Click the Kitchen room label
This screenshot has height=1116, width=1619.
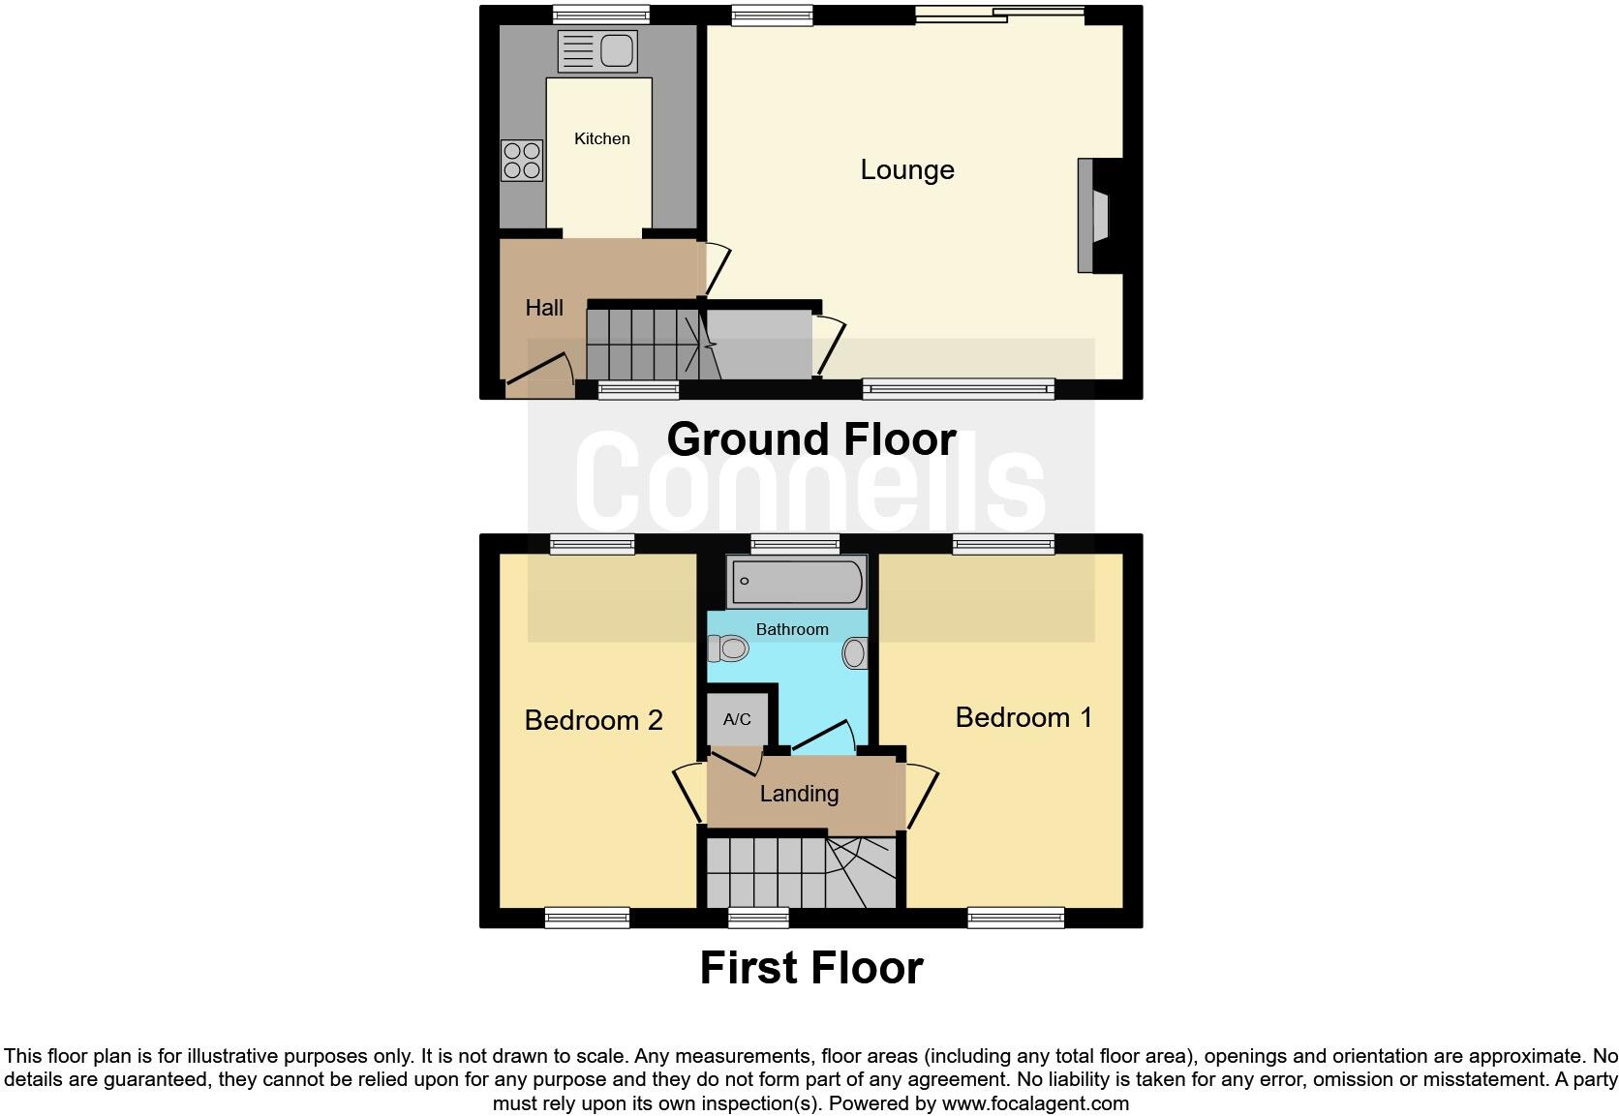coord(601,139)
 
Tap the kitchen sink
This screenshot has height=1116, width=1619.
coord(597,51)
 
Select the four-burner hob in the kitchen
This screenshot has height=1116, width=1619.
coord(521,161)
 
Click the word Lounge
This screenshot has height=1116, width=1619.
coord(907,170)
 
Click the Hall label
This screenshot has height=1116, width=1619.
coord(544,308)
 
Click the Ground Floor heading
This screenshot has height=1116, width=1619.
coord(811,439)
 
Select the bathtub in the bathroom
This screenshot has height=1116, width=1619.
coord(795,582)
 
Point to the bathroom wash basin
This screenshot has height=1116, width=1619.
coord(854,653)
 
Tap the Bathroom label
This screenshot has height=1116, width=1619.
coord(792,630)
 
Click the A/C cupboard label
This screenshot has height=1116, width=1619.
coord(737,719)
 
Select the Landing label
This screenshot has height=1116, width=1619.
coord(799,795)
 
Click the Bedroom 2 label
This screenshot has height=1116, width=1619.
coord(594,720)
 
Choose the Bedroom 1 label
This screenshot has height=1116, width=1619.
coord(1023,717)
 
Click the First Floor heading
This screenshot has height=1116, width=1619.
coord(811,968)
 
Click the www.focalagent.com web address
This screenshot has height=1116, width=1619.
coord(1035,1103)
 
